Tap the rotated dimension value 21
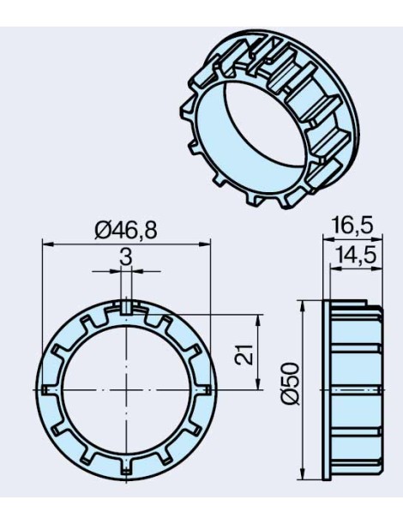point(244,352)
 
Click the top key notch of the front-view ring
point(126,306)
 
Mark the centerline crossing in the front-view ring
point(126,389)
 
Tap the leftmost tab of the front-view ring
point(47,389)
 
